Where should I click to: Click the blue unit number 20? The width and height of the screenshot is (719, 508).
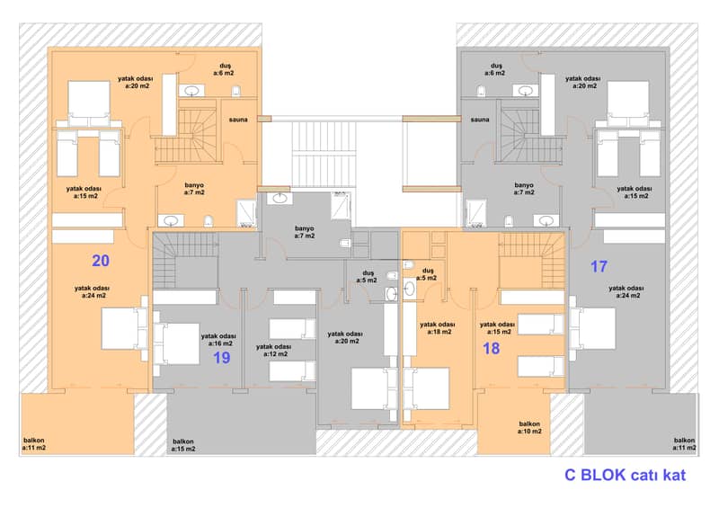click(101, 261)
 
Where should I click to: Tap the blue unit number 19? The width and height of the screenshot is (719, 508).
click(221, 358)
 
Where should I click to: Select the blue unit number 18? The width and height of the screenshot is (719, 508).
click(491, 348)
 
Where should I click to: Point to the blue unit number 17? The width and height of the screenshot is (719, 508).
click(599, 267)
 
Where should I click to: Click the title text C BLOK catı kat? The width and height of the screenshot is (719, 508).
click(625, 475)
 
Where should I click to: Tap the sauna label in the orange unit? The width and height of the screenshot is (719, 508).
click(238, 120)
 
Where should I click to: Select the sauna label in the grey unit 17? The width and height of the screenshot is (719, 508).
click(480, 120)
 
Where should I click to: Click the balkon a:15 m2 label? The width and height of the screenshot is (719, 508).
click(183, 445)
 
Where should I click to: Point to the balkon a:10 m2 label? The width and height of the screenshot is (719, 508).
click(529, 428)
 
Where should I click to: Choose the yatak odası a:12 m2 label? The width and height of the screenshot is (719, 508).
click(274, 350)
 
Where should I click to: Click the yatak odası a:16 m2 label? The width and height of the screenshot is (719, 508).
click(218, 340)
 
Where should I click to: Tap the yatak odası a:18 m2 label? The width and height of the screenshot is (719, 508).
click(438, 328)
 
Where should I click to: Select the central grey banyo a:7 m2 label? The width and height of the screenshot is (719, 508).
click(305, 232)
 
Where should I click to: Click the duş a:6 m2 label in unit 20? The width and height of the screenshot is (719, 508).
click(225, 69)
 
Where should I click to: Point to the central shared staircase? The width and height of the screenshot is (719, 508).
click(324, 154)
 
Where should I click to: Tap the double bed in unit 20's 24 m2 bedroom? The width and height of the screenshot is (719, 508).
click(124, 328)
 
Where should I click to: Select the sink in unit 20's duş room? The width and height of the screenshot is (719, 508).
click(191, 91)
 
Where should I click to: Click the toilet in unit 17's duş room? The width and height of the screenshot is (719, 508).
click(481, 91)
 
